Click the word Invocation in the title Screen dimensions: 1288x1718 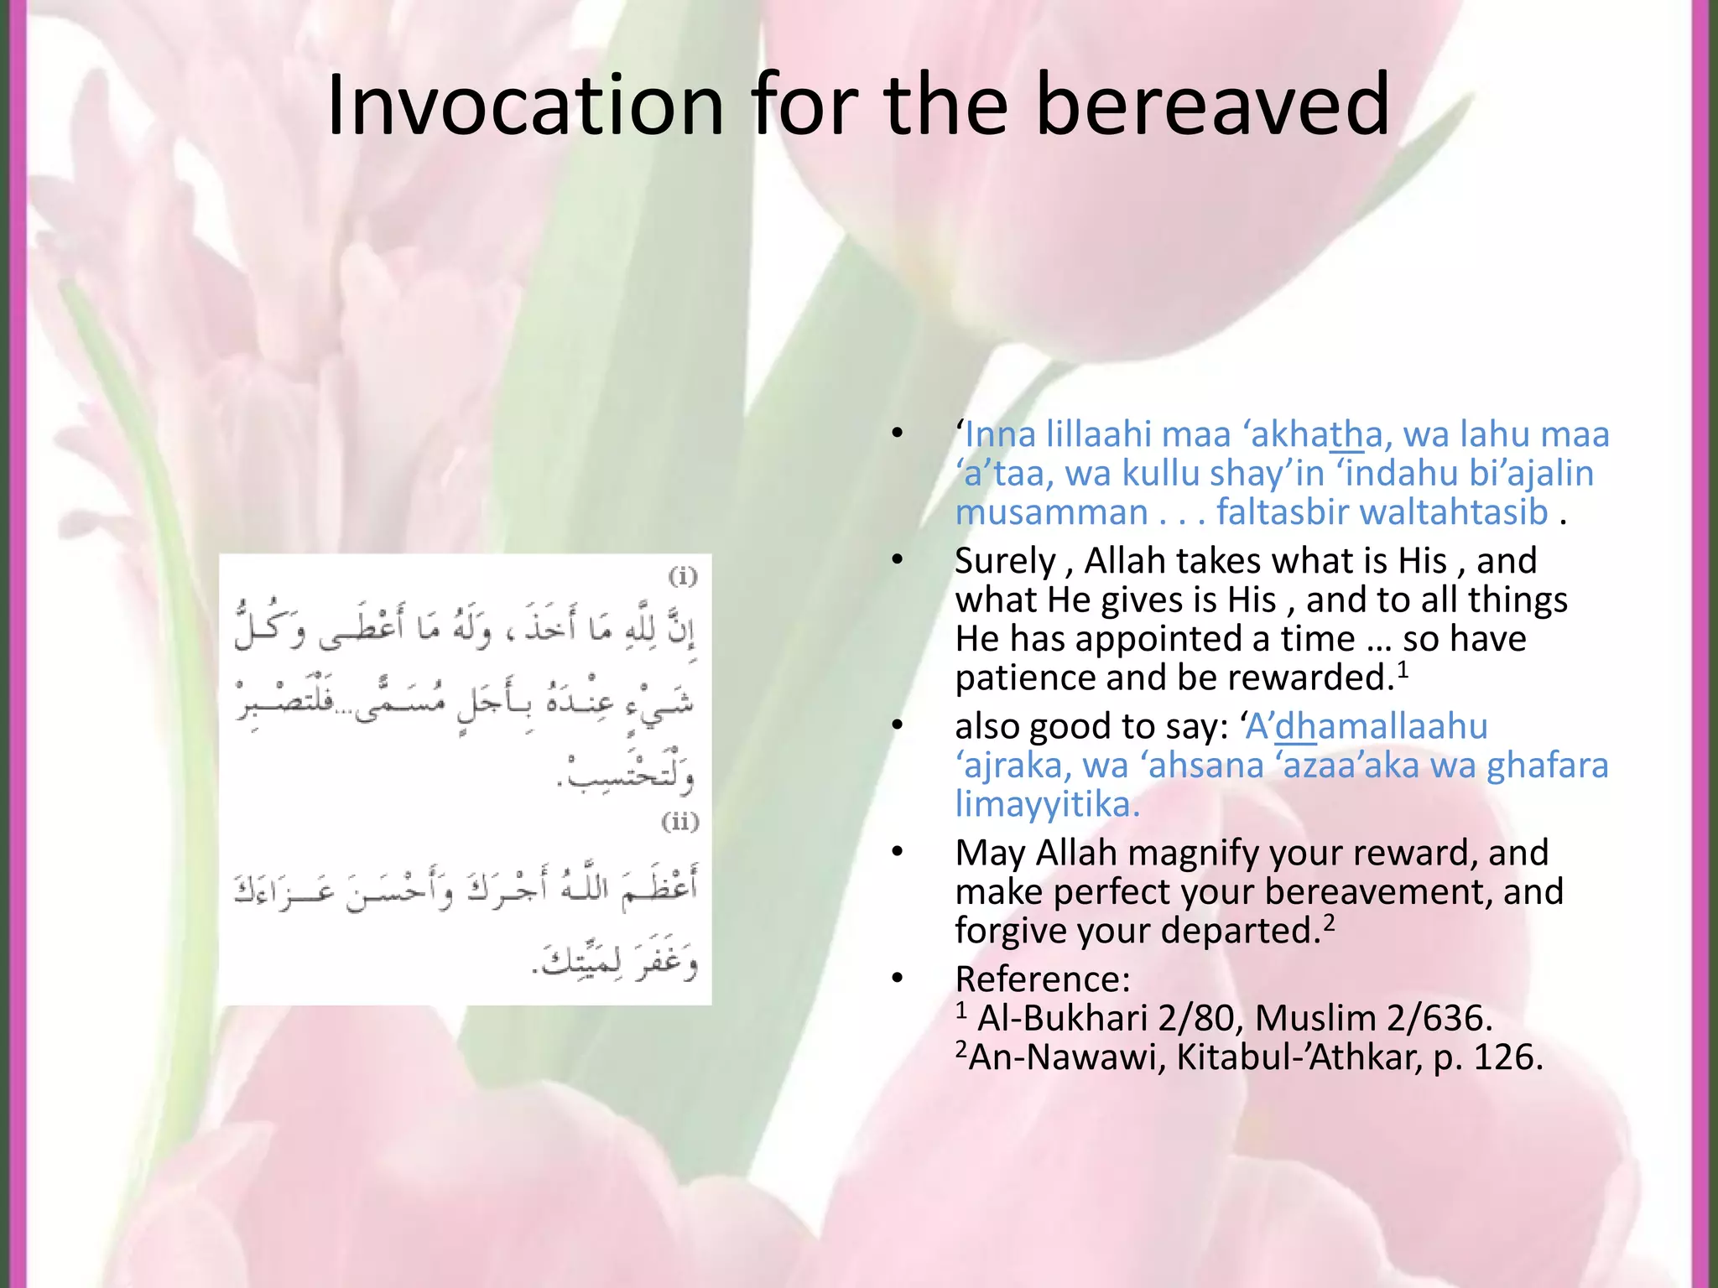(x=525, y=105)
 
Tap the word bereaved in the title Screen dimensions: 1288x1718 (x=1213, y=105)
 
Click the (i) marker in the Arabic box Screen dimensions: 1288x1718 (x=683, y=576)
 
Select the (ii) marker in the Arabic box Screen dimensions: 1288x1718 (x=679, y=821)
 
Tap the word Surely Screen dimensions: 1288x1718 (x=1005, y=561)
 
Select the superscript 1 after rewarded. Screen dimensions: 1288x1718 (x=1403, y=667)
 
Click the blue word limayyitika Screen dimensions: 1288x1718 (x=1046, y=804)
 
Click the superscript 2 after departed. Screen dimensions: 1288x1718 (x=1329, y=921)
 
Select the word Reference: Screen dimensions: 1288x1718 (x=1043, y=979)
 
